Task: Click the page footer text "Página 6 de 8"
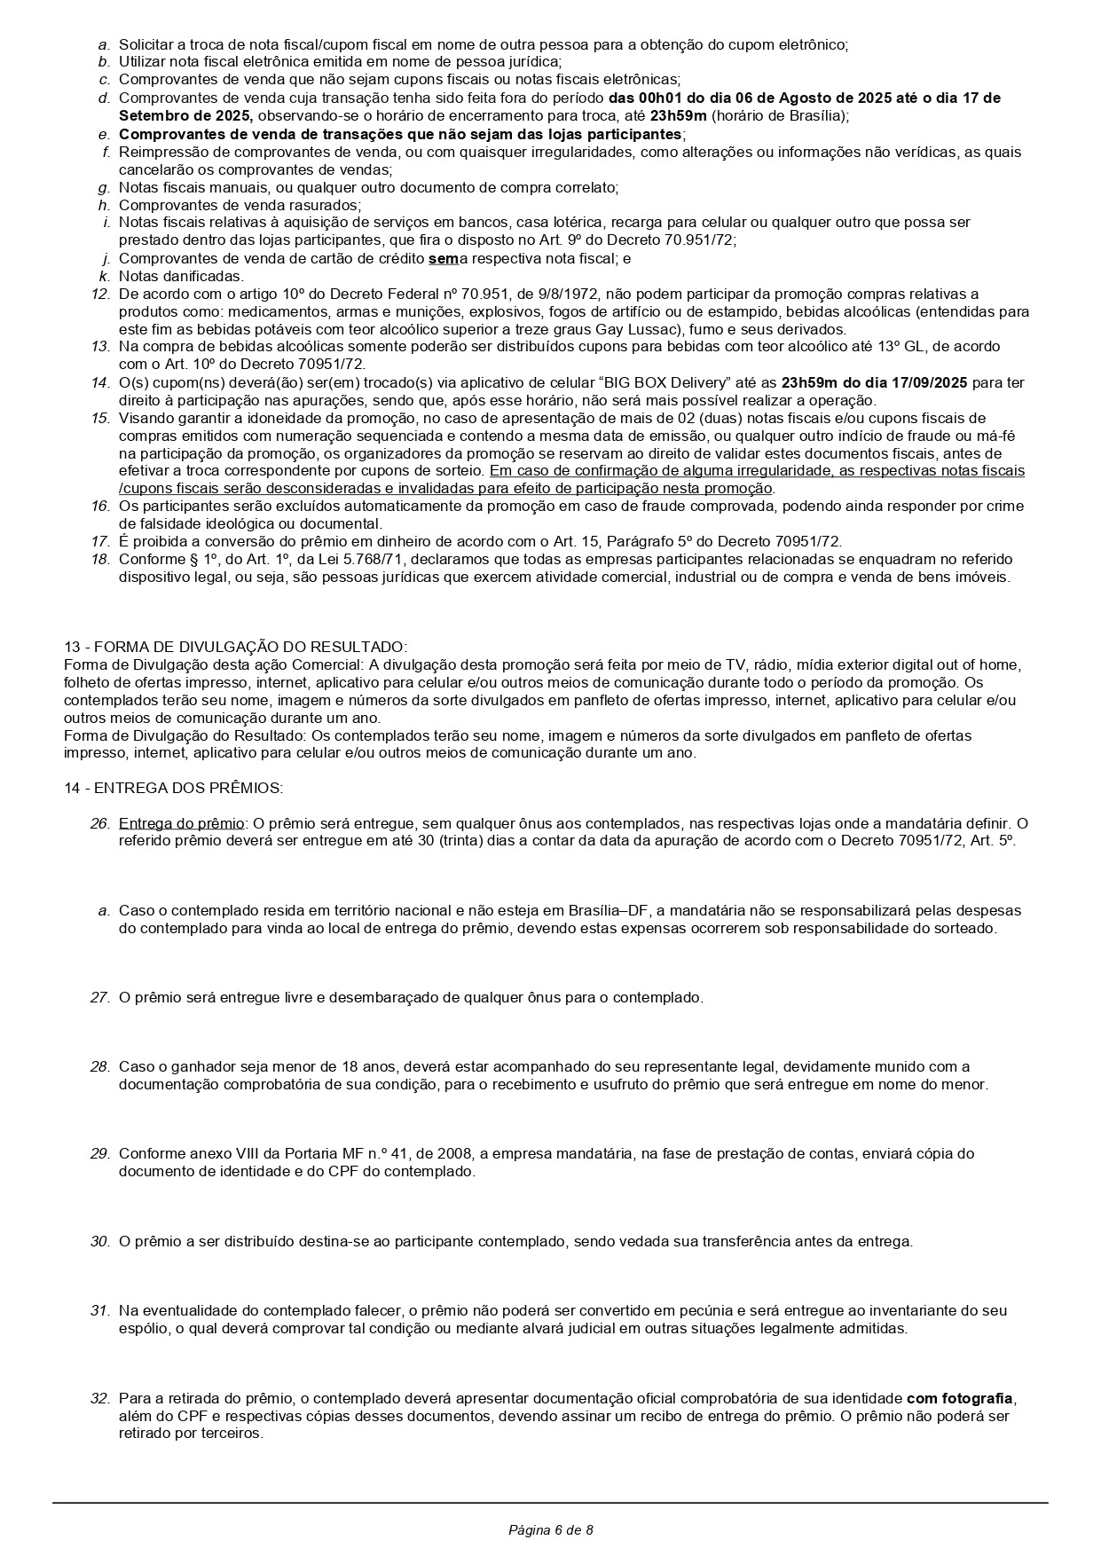[x=550, y=1529]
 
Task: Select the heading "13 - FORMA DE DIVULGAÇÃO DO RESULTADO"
[x=235, y=647]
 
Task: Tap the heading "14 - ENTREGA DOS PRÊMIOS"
[x=173, y=788]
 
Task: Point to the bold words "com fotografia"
[x=959, y=1398]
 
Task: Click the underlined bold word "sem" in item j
[x=443, y=258]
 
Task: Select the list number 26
[x=99, y=823]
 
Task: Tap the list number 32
[x=99, y=1398]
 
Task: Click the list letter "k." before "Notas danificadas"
[x=104, y=276]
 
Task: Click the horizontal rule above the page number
[x=550, y=1503]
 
